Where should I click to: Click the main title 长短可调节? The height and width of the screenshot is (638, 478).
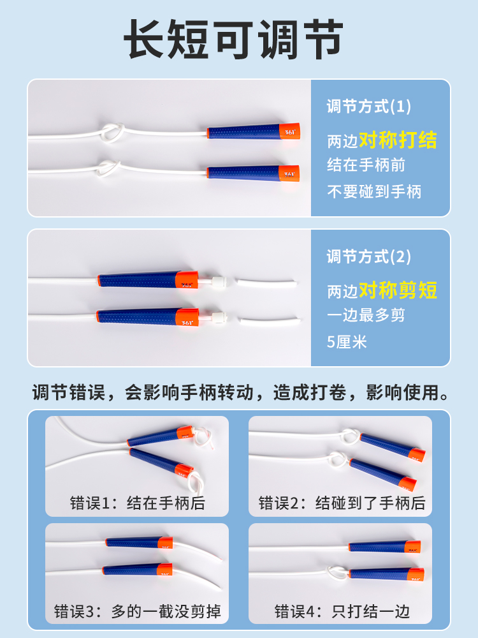233,39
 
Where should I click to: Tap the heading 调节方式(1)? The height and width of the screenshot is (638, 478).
368,107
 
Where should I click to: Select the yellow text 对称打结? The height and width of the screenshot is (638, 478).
398,140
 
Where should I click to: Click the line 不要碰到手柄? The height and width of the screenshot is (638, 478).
374,191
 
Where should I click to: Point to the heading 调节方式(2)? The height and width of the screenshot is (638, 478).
368,256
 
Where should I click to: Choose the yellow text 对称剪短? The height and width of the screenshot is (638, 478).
398,290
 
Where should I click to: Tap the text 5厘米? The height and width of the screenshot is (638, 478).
347,342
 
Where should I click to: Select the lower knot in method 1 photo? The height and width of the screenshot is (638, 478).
108,168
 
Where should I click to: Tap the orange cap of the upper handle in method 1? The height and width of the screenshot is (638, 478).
290,131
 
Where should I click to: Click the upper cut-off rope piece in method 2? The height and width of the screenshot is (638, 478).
266,283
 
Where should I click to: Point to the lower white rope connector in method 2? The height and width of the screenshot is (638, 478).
218,317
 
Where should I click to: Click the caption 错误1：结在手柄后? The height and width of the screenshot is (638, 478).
138,503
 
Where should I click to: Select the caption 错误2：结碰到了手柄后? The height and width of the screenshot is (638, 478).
342,503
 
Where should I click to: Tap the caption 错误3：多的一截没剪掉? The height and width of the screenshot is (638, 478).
138,611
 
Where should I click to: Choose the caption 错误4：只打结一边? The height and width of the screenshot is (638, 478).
342,611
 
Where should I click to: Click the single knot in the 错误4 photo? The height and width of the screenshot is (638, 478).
337,572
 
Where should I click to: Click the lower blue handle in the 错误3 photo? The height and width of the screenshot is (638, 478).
138,569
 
